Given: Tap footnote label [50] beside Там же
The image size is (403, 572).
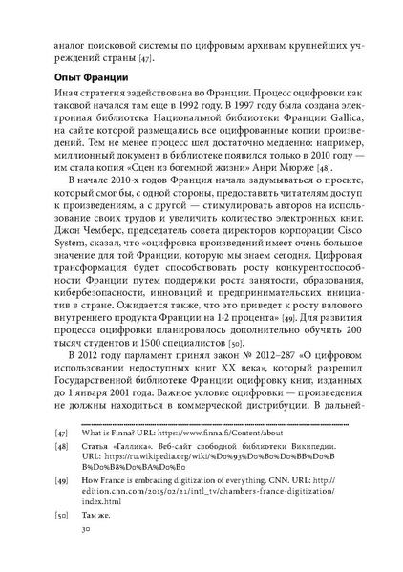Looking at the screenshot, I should (x=62, y=540).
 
